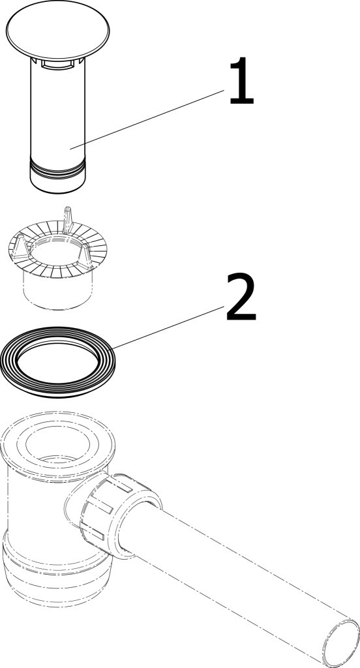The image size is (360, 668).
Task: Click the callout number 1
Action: click(x=241, y=81)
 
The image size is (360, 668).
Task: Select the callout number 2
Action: click(x=241, y=297)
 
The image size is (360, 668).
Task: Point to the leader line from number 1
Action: click(x=147, y=119)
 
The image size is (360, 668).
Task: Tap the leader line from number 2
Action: click(x=167, y=328)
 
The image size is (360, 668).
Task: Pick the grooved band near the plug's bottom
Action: click(x=57, y=167)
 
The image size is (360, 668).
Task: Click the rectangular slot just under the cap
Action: click(x=57, y=65)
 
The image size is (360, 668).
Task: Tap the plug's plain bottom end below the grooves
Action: click(x=57, y=183)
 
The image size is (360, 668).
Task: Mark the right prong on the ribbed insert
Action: click(x=85, y=256)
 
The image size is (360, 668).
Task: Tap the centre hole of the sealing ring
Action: click(x=57, y=361)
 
